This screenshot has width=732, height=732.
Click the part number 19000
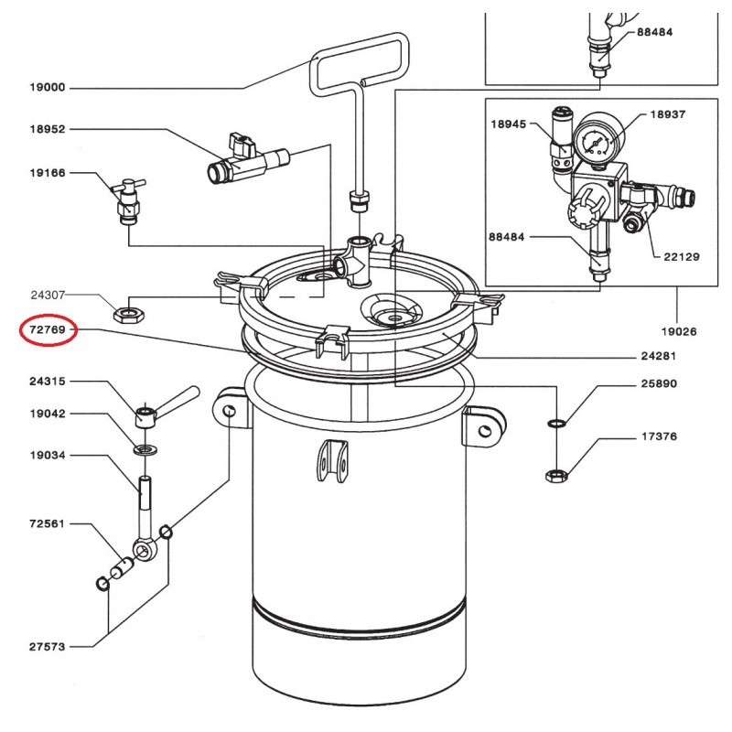click(48, 88)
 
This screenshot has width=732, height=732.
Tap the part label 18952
click(48, 130)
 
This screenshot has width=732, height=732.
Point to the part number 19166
click(48, 173)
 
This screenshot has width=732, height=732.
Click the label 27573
click(48, 646)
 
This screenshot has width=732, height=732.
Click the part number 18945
click(508, 124)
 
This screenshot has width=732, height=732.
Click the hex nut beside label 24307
click(129, 315)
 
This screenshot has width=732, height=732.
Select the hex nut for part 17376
click(554, 474)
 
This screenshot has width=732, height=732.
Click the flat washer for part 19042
click(145, 450)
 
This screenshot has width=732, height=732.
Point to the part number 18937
click(668, 115)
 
